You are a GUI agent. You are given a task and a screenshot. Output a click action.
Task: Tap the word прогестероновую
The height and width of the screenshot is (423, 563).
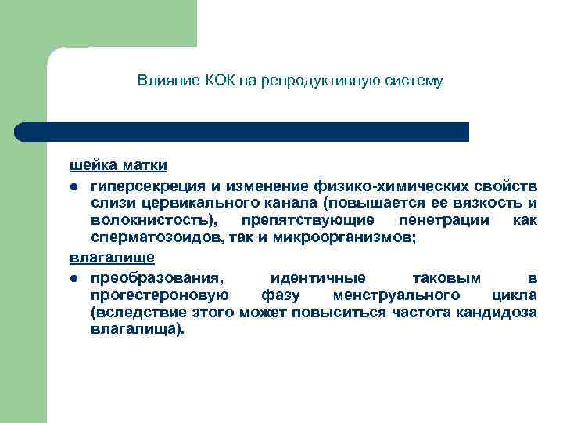pyautogui.click(x=159, y=295)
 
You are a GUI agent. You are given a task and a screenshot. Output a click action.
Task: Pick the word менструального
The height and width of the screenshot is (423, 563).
pyautogui.click(x=395, y=295)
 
